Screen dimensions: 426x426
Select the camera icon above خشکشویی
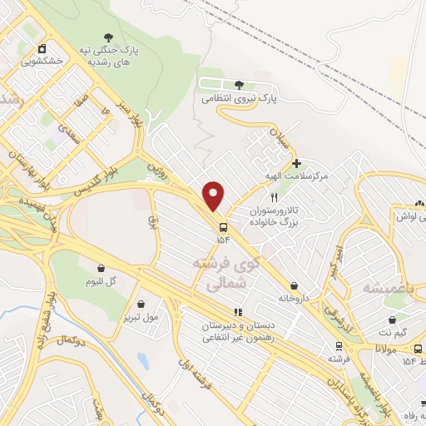tap(40, 47)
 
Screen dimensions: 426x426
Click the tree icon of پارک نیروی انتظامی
tap(240, 85)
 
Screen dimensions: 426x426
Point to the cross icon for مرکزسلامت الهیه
tap(298, 163)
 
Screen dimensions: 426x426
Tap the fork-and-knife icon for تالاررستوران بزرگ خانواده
tap(273, 197)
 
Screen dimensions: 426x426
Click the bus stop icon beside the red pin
tap(223, 226)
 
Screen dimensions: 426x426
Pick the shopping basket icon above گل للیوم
tap(102, 268)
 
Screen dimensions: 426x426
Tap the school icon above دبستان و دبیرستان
tap(237, 312)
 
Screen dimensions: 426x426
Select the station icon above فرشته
tap(339, 345)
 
